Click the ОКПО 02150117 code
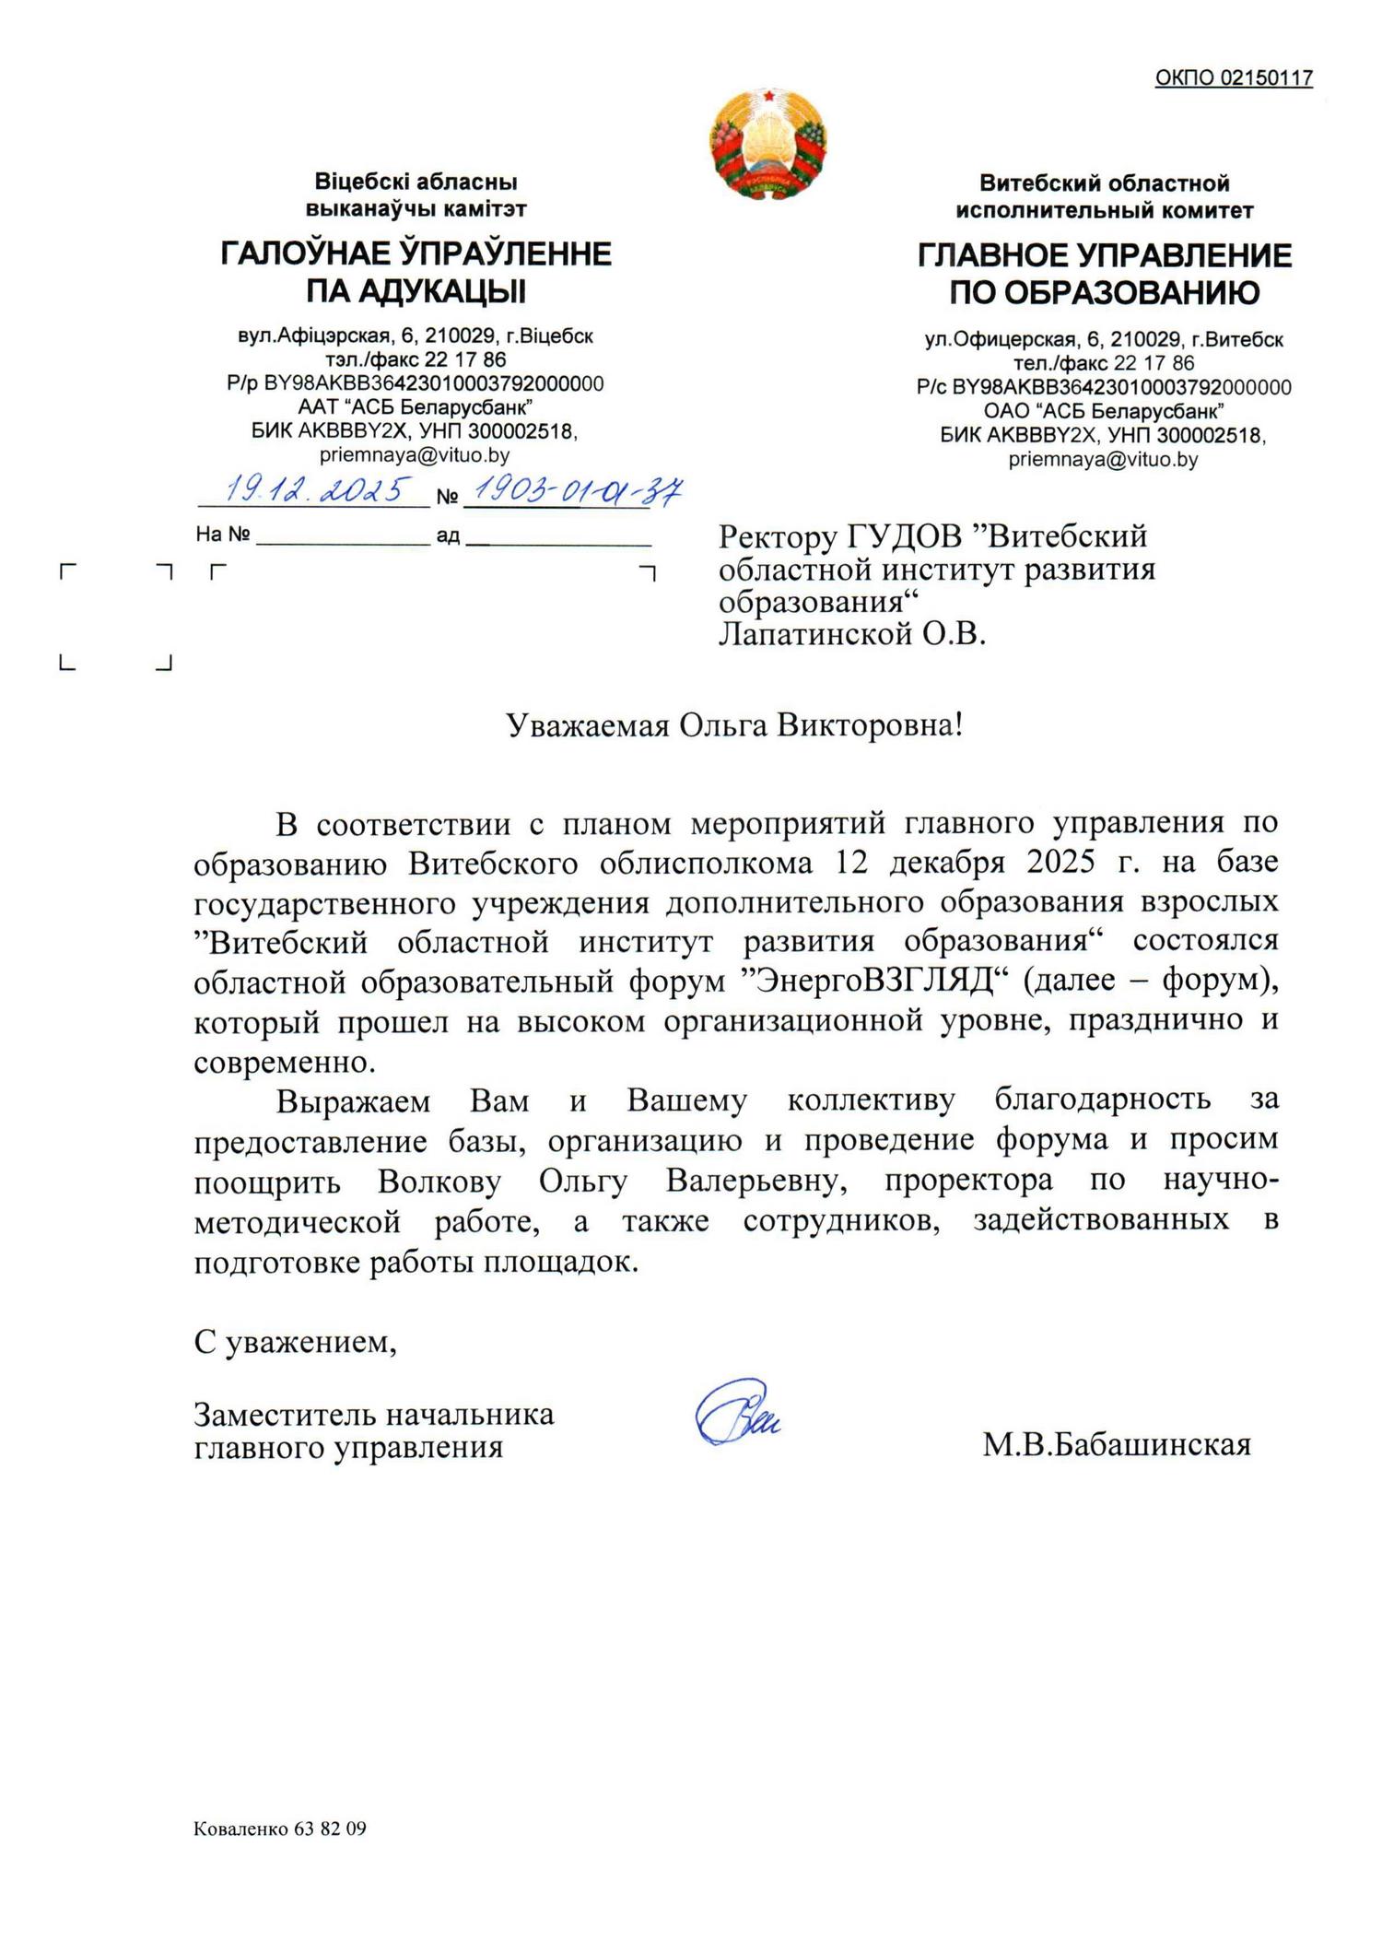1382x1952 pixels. tap(1234, 78)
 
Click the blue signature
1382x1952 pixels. tap(736, 1414)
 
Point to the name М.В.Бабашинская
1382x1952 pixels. tap(1116, 1444)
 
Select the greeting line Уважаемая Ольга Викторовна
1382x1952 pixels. tap(735, 726)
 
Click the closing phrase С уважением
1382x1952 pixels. tap(295, 1343)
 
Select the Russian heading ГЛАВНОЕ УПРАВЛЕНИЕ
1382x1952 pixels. tap(1104, 255)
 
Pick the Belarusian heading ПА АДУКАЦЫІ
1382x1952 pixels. tap(416, 292)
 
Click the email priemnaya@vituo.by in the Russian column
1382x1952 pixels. tap(1103, 459)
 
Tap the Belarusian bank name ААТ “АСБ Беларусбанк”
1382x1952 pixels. tap(416, 406)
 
